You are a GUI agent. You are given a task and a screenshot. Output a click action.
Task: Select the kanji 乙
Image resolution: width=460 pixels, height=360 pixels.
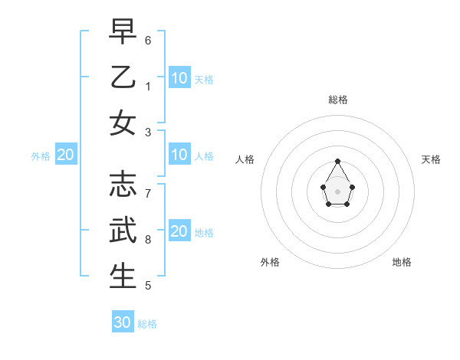click(x=123, y=77)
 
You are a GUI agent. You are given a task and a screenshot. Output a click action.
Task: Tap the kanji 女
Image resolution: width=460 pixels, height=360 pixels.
click(x=123, y=124)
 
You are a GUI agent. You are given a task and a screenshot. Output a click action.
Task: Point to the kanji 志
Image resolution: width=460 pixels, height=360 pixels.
click(x=123, y=184)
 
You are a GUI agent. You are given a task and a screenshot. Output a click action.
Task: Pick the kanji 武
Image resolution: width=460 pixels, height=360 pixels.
click(x=123, y=231)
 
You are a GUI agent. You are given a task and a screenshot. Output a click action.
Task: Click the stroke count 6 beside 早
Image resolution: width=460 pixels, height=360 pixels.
click(x=148, y=39)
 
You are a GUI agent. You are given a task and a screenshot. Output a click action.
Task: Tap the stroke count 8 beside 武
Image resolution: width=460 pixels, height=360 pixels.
click(x=148, y=240)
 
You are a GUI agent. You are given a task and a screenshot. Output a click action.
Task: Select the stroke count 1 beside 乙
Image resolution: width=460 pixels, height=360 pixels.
click(x=148, y=86)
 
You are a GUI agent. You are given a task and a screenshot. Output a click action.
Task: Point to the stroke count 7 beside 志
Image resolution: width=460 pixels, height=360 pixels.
click(x=148, y=192)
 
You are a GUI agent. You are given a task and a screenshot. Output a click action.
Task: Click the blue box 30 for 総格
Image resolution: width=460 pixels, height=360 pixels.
click(x=123, y=322)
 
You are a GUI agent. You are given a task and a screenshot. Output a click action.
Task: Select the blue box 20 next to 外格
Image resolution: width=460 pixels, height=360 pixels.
click(x=66, y=155)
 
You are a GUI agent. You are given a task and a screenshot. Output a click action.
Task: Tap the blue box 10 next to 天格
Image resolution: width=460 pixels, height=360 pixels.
click(x=179, y=77)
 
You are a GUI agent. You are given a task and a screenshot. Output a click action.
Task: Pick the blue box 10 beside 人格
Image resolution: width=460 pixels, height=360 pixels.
click(x=179, y=155)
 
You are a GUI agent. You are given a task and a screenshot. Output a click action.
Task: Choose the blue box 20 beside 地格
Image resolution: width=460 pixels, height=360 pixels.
click(x=179, y=231)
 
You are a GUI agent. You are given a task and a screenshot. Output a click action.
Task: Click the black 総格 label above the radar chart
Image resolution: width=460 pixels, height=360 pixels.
click(x=338, y=100)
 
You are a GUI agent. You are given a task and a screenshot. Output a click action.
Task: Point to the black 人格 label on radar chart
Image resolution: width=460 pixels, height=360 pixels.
click(x=245, y=159)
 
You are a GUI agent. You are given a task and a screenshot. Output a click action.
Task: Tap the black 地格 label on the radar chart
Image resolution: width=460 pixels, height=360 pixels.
click(x=402, y=262)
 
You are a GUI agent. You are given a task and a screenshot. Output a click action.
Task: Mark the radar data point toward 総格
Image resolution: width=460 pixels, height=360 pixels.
click(x=338, y=161)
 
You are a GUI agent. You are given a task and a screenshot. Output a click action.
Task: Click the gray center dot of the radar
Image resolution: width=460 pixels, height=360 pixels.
click(x=338, y=191)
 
